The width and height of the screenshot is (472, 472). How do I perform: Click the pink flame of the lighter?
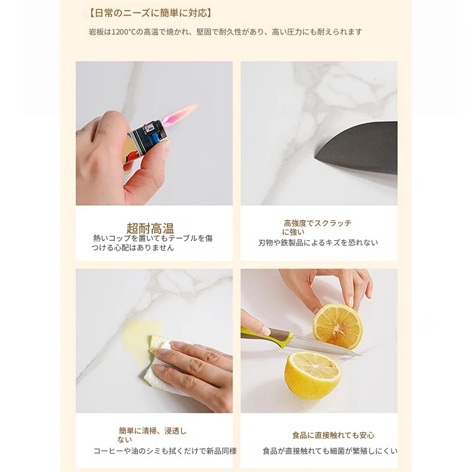(180, 114)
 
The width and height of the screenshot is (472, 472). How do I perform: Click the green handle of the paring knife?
(267, 335)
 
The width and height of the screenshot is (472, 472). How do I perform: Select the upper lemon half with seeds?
(337, 326)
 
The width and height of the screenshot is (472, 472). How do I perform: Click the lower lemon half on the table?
(313, 375)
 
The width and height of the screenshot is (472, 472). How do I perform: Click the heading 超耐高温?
(150, 228)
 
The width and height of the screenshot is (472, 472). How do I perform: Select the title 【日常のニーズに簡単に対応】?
(150, 13)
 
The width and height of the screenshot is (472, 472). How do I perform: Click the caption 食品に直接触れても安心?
(333, 435)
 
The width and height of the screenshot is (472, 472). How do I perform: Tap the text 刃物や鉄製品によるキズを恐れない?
(318, 243)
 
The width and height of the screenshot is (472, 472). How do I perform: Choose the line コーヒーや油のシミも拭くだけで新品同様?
(165, 451)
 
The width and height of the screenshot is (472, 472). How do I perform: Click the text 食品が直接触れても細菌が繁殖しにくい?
(330, 451)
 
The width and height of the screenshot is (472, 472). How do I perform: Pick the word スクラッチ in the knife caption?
(333, 223)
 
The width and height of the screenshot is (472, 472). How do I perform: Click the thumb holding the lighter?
(146, 169)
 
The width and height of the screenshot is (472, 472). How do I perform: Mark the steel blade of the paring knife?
(326, 346)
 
